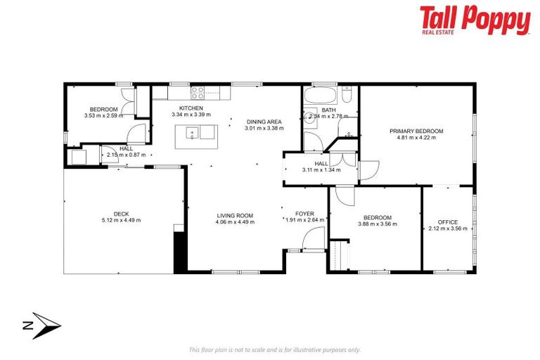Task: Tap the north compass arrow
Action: [x=42, y=325]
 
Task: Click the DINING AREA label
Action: [x=264, y=122]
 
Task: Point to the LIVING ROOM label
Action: [x=235, y=215]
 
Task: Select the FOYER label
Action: [x=304, y=213]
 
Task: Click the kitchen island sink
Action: [x=192, y=132]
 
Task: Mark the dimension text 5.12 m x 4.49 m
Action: [x=122, y=220]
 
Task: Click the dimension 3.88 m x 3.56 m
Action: [x=377, y=224]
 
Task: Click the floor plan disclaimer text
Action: [x=274, y=349]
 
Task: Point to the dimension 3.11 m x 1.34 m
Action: [x=321, y=169]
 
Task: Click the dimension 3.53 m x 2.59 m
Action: [x=103, y=115]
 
